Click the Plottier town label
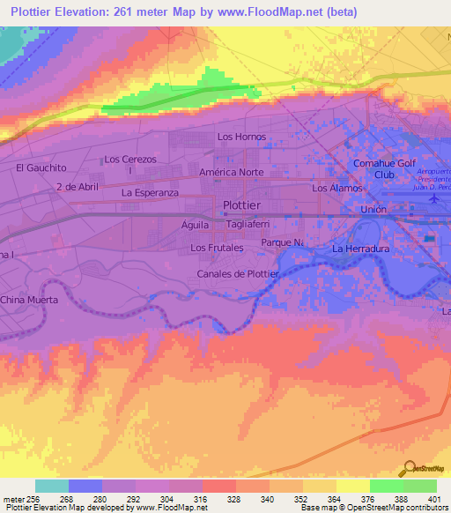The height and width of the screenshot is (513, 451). pyautogui.click(x=240, y=204)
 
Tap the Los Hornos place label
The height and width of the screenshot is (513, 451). pyautogui.click(x=241, y=137)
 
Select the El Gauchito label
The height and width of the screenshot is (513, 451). pyautogui.click(x=41, y=167)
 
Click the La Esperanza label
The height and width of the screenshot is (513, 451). pyautogui.click(x=151, y=192)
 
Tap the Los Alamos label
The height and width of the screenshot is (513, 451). pyautogui.click(x=336, y=189)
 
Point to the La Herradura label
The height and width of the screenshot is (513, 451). pyautogui.click(x=360, y=249)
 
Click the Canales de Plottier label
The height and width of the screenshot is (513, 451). pyautogui.click(x=238, y=274)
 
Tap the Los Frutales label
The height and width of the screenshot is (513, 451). pyautogui.click(x=218, y=249)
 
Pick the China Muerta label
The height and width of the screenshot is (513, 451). pyautogui.click(x=30, y=301)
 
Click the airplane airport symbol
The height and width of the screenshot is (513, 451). pyautogui.click(x=433, y=200)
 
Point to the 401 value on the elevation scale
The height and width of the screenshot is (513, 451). pyautogui.click(x=433, y=500)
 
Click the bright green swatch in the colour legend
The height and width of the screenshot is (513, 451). pyautogui.click(x=386, y=486)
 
